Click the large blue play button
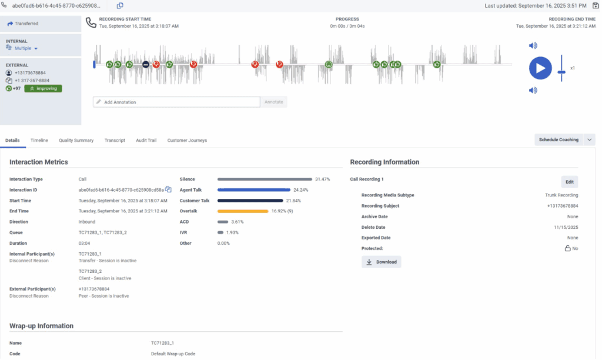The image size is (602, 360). click(x=540, y=68)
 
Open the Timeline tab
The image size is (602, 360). click(x=39, y=141)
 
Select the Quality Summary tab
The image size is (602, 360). click(x=76, y=141)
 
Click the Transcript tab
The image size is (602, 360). click(x=115, y=141)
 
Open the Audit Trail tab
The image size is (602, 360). click(x=146, y=141)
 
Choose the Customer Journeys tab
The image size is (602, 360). click(x=187, y=141)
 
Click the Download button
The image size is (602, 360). click(x=381, y=262)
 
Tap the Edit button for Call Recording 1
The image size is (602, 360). click(x=569, y=182)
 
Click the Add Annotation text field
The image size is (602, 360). click(x=176, y=102)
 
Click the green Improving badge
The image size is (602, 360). click(x=43, y=88)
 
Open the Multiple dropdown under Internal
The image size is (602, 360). click(x=26, y=48)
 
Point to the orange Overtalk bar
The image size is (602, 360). click(x=243, y=211)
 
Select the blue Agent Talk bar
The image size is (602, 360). click(x=254, y=190)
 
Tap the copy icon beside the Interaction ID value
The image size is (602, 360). click(x=168, y=189)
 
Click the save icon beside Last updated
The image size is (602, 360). click(x=595, y=5)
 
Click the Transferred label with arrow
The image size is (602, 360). click(x=23, y=24)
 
